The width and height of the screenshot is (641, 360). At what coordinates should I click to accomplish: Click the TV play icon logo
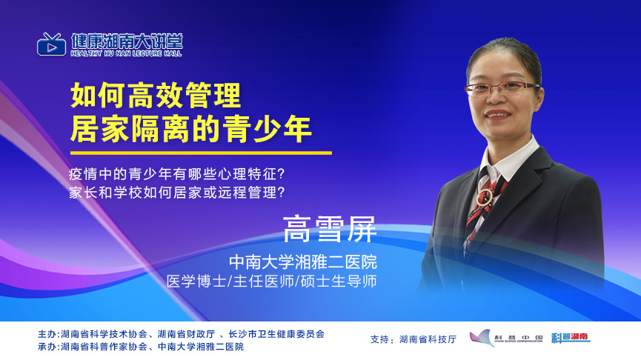click(51, 44)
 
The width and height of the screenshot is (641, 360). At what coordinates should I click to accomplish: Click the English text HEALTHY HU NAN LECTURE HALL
click(126, 53)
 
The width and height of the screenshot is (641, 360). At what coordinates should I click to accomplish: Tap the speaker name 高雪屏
click(330, 229)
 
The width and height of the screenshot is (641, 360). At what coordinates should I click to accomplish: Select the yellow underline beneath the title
click(201, 153)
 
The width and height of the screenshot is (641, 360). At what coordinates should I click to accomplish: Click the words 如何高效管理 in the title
click(156, 96)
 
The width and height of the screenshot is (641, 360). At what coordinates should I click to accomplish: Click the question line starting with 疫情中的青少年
click(176, 174)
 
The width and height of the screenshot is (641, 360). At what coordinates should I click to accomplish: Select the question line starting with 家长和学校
click(176, 193)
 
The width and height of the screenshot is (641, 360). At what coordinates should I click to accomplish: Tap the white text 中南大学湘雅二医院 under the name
click(303, 262)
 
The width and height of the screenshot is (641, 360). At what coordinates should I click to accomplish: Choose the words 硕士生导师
click(339, 281)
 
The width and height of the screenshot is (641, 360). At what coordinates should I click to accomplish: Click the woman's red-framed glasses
click(501, 88)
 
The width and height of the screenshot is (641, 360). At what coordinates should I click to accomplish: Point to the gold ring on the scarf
click(484, 197)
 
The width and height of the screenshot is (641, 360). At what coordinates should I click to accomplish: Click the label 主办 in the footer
click(47, 334)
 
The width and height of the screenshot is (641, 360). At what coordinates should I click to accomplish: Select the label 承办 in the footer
click(47, 347)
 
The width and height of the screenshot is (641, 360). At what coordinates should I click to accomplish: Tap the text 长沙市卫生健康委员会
click(276, 334)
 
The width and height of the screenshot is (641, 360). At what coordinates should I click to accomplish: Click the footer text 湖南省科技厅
click(428, 339)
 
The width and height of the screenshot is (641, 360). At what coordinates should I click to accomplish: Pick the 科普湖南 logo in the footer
click(571, 338)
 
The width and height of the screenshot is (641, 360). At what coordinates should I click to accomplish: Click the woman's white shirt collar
click(508, 159)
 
